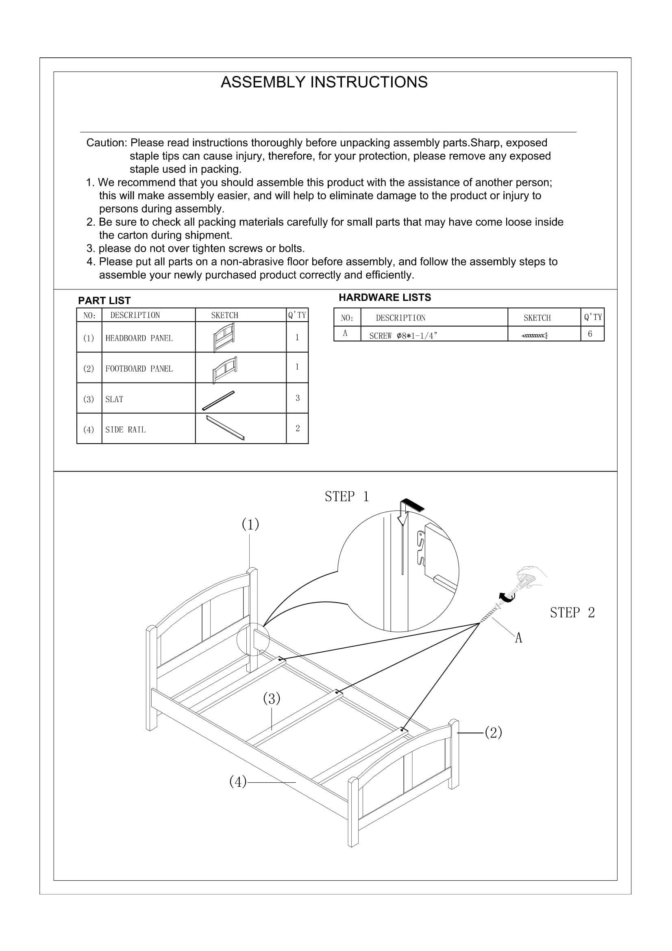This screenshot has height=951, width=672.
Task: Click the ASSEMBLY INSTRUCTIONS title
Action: (324, 82)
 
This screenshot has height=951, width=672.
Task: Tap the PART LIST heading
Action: (104, 300)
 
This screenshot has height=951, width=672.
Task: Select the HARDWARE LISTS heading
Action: (385, 297)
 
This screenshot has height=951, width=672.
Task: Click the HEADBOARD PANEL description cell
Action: (139, 338)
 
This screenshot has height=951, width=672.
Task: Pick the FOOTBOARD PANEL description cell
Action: (139, 369)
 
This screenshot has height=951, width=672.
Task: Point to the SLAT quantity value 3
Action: (297, 398)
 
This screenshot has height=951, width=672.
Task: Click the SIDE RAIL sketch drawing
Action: (225, 428)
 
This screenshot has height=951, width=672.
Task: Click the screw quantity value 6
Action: (590, 334)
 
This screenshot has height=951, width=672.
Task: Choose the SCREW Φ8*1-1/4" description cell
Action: (403, 336)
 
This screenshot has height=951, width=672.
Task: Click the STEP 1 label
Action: (346, 496)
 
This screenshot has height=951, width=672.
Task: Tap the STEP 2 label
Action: (572, 612)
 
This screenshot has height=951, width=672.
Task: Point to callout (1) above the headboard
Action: (250, 524)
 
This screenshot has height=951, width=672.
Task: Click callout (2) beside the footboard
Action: (493, 732)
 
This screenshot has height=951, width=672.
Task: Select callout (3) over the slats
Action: (272, 699)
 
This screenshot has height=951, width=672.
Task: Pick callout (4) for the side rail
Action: (238, 782)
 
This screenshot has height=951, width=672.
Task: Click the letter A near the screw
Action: (518, 638)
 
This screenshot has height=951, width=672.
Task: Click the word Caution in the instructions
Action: (107, 143)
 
